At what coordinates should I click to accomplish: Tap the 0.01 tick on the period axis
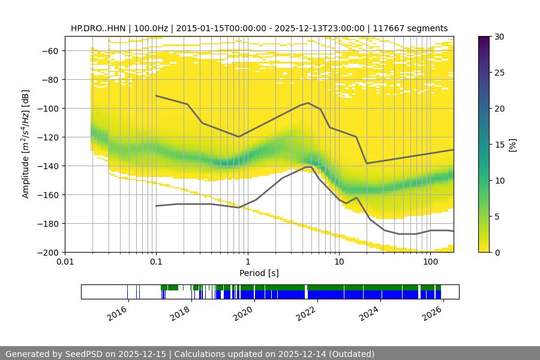click(x=65, y=262)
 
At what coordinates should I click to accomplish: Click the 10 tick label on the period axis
click(x=339, y=262)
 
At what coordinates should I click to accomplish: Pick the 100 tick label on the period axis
click(x=430, y=262)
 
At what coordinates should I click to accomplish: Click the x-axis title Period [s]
click(x=259, y=273)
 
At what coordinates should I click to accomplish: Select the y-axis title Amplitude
click(x=26, y=144)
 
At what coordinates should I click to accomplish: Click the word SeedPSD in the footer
click(x=88, y=354)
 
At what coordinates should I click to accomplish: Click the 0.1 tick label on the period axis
click(x=156, y=262)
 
